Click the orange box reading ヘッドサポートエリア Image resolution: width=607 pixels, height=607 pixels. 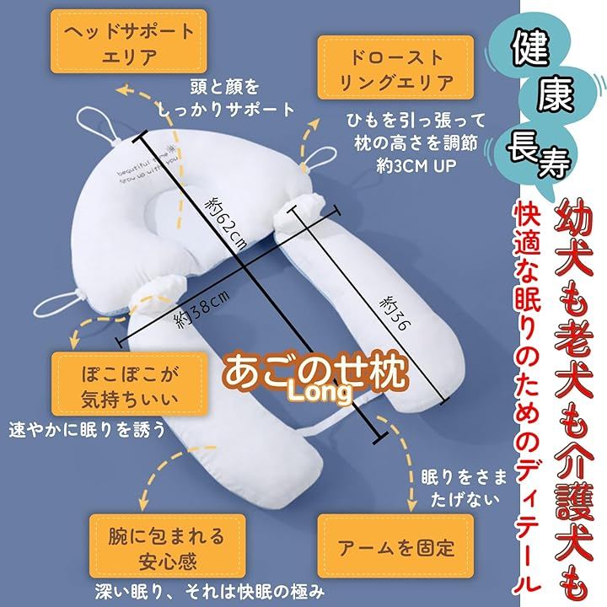click(x=128, y=41)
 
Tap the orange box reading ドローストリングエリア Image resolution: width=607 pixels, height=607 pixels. click(x=395, y=67)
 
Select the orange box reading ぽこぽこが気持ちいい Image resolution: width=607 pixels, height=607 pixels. click(x=130, y=384)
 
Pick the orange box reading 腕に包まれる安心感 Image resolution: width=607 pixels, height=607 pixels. click(x=167, y=546)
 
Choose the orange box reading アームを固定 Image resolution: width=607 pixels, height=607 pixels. click(x=395, y=546)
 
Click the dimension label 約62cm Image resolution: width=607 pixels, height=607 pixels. click(x=227, y=224)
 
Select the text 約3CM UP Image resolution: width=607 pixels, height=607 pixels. click(x=416, y=166)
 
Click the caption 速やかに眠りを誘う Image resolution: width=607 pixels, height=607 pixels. click(x=88, y=429)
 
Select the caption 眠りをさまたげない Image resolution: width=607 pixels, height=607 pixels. click(x=464, y=488)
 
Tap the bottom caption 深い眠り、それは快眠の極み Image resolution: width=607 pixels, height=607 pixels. click(x=209, y=593)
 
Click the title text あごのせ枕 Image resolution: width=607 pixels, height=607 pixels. click(x=315, y=372)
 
